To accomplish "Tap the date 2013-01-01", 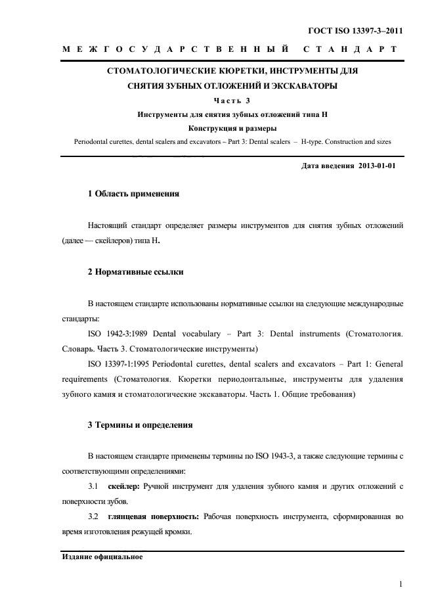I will (378, 166).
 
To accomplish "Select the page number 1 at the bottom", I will (400, 584).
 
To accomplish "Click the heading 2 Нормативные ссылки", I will (135, 271).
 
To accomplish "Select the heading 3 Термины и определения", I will (140, 425).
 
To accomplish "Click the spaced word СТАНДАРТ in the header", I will (349, 50).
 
